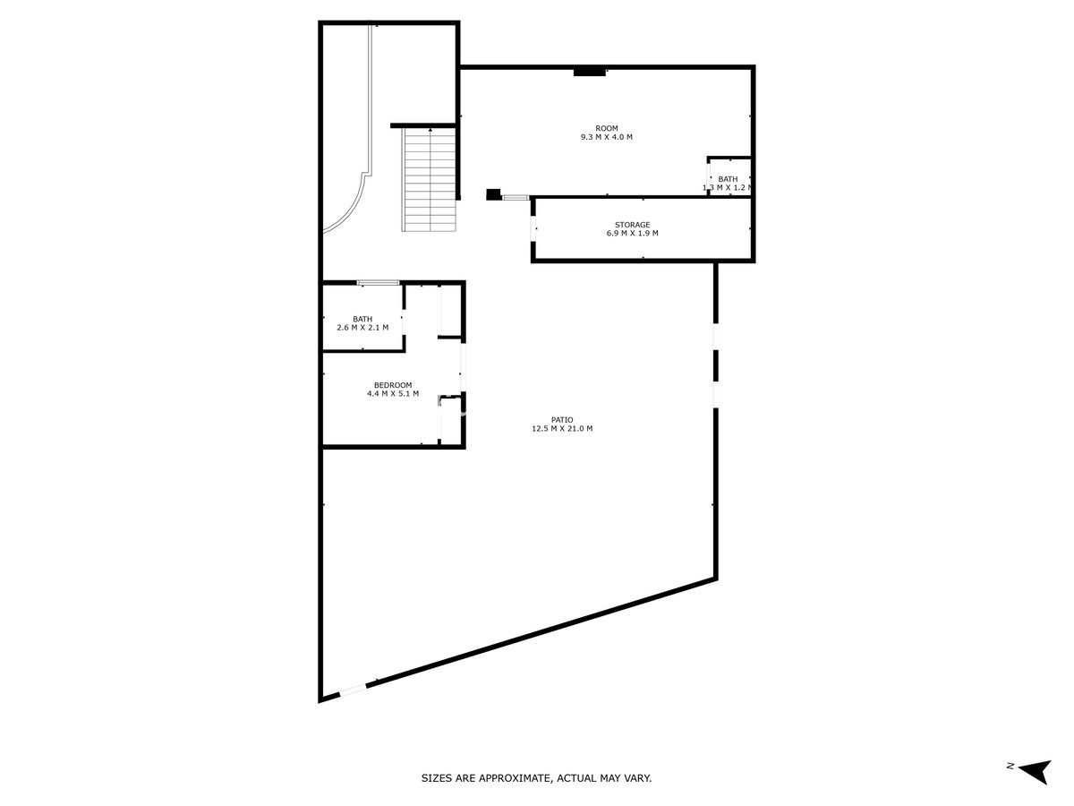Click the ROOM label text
(606, 128)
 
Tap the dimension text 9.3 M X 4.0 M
(606, 137)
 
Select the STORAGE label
(632, 225)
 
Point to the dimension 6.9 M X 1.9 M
(632, 234)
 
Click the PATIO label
(562, 419)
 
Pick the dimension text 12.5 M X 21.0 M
(562, 429)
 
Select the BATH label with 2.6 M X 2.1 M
(362, 319)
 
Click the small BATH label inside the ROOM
(728, 179)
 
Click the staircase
(430, 179)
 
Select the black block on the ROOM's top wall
(589, 72)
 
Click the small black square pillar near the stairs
(493, 193)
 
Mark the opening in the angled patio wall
(354, 689)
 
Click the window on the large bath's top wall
(378, 283)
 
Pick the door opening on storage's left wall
(534, 230)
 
